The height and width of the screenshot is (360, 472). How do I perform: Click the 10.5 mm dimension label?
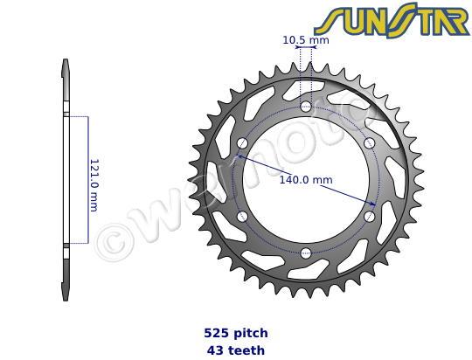coord(306,39)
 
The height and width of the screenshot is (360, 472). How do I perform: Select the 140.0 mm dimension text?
coord(305,180)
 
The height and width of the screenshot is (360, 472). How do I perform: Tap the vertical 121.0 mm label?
coord(94,184)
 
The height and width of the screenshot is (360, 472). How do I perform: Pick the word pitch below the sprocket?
coord(252,333)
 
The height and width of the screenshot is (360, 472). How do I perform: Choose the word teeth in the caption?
coord(247,350)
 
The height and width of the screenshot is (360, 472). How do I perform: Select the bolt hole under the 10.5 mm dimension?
coord(306,107)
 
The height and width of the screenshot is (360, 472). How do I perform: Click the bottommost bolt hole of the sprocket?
coord(306,253)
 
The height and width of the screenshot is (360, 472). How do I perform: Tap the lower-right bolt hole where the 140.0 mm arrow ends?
coord(370,216)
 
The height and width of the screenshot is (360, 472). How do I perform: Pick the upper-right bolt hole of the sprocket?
coord(370,143)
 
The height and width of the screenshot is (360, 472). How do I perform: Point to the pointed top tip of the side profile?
coord(66,61)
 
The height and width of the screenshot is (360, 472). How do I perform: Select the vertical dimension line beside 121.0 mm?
coord(87,180)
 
